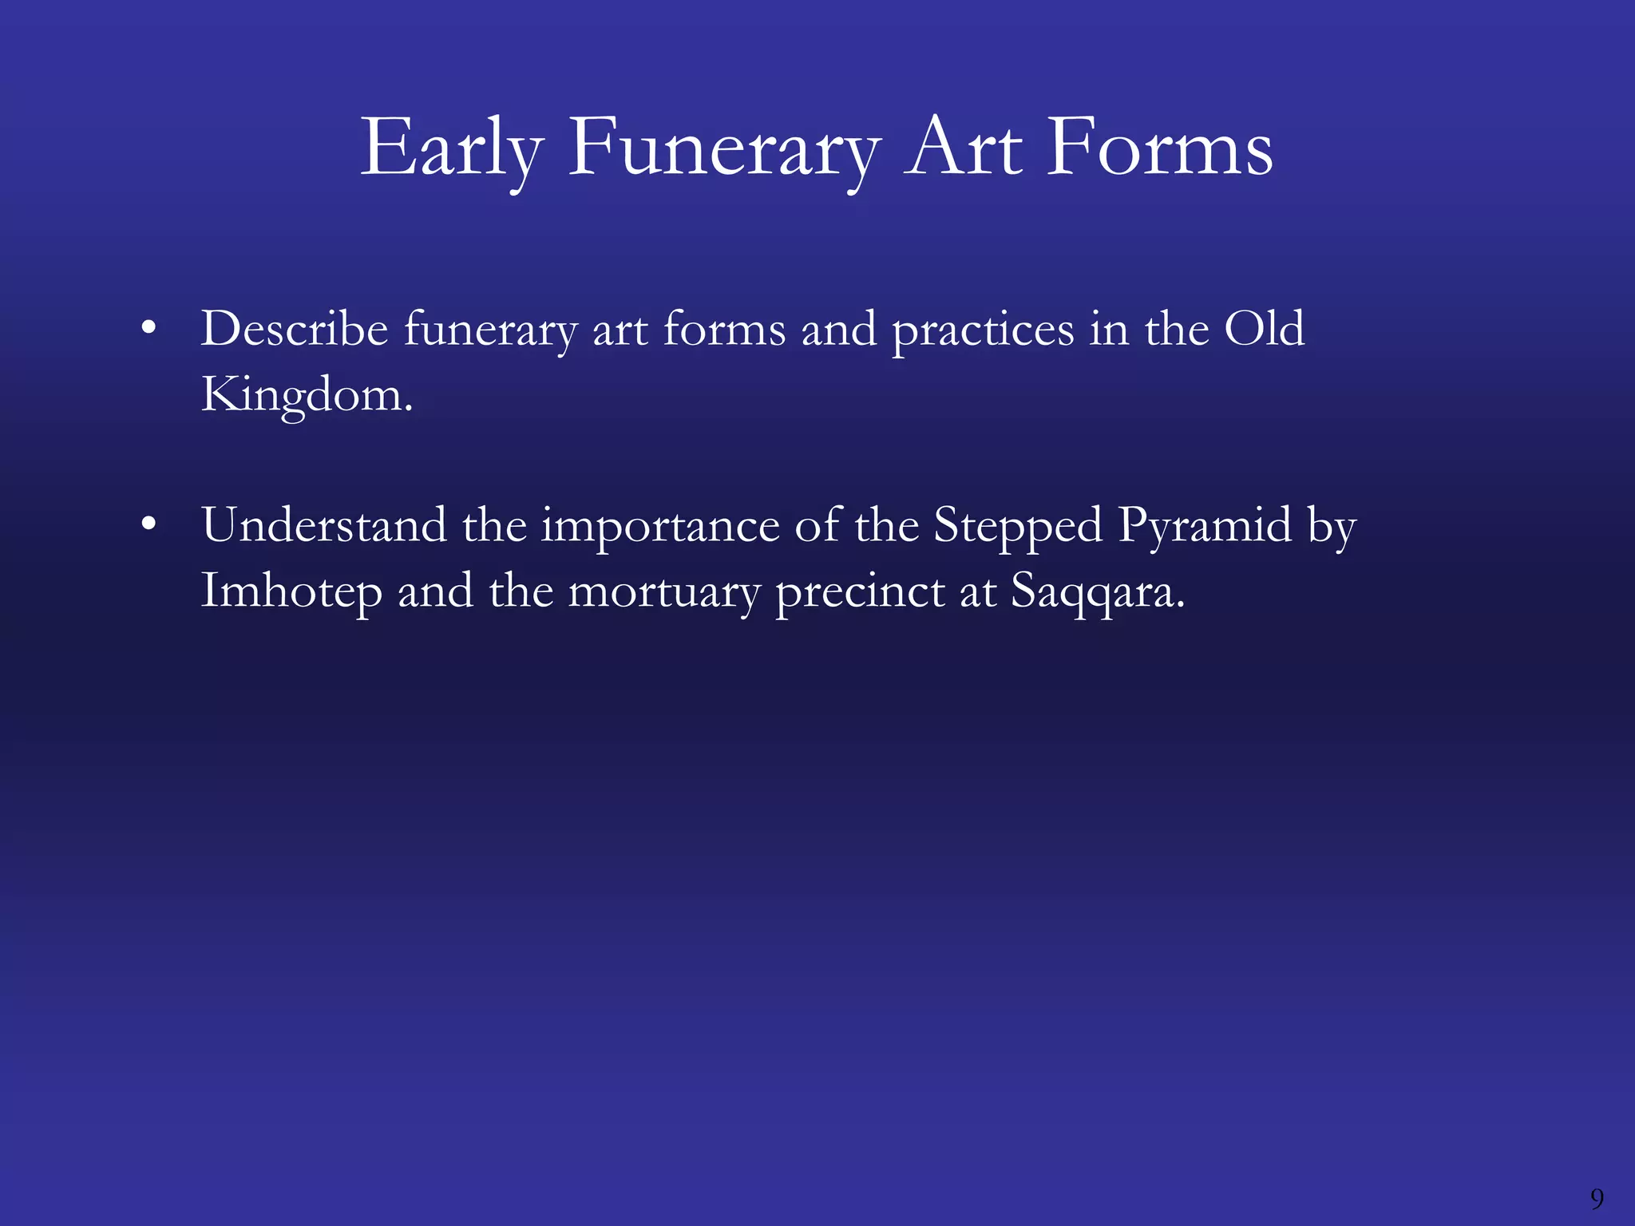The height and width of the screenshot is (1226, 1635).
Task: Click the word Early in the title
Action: [452, 149]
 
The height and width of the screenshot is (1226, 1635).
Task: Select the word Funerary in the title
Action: [724, 149]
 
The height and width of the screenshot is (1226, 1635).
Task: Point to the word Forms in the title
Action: [1159, 149]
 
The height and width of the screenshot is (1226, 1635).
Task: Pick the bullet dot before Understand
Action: [148, 525]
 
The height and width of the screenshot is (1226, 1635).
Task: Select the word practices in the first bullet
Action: [983, 330]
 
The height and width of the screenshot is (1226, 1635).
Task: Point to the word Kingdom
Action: [306, 394]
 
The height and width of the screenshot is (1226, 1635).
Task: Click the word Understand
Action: [323, 525]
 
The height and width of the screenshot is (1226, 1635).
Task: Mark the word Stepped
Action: [1018, 527]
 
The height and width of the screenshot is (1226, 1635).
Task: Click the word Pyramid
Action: [1205, 527]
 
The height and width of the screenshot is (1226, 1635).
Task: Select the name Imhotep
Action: [291, 592]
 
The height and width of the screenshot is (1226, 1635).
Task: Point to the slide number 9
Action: [1597, 1198]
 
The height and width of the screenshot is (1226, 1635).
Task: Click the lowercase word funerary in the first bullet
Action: [490, 330]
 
